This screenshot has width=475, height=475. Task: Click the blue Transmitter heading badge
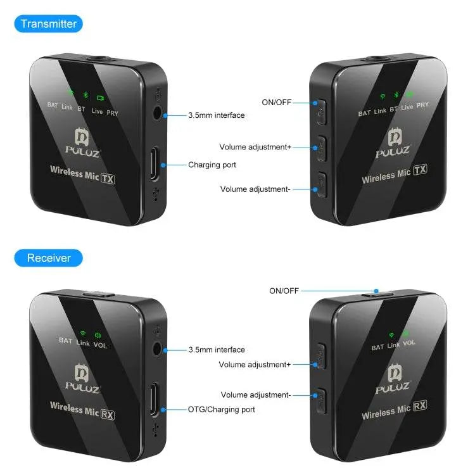coord(49,23)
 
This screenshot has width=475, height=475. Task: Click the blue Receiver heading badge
coord(49,258)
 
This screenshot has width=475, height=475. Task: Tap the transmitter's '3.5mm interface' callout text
coord(217,115)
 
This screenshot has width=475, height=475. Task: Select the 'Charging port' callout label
coord(212,165)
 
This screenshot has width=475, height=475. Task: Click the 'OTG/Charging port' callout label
coord(222,410)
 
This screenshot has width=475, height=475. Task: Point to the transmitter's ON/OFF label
coord(276,103)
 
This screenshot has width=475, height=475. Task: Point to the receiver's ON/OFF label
coord(284,291)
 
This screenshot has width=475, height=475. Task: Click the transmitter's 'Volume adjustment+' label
coord(255,147)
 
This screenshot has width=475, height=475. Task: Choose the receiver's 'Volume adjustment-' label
coord(256,395)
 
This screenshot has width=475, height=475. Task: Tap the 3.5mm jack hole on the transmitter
coord(157,114)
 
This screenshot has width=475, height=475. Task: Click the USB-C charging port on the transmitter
coord(155,163)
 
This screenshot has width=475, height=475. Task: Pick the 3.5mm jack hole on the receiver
coord(157,349)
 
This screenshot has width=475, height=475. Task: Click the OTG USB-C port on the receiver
coord(155,399)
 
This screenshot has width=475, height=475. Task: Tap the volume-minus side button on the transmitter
coord(321,185)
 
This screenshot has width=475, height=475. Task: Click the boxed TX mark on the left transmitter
coord(108,179)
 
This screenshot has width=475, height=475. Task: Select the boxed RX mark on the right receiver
coord(420,405)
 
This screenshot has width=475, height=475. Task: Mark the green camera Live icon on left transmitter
coord(100,98)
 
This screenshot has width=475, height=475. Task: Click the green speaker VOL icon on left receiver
coord(98,335)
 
